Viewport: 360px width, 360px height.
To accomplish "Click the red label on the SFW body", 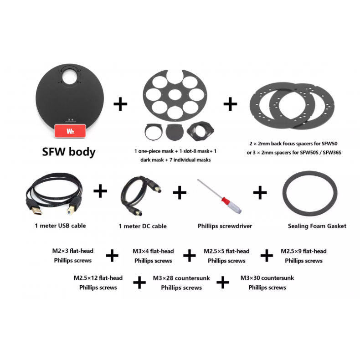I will click(70, 131).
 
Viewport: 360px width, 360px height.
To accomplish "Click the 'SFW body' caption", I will click(69, 152).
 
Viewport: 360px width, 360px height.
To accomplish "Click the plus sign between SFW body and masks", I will click(120, 104).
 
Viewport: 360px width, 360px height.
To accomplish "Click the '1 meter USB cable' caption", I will click(60, 225).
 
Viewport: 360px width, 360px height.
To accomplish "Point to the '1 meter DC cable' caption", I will click(143, 226).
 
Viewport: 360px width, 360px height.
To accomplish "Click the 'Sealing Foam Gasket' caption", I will click(317, 226).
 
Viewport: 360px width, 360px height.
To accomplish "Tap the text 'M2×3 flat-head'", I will click(73, 251).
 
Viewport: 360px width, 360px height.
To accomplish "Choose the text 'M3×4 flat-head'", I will click(153, 251).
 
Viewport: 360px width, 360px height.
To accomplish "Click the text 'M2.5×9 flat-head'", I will click(303, 251).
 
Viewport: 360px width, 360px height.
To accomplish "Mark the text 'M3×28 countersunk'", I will click(181, 278).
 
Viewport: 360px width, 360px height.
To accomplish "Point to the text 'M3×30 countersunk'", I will click(267, 278).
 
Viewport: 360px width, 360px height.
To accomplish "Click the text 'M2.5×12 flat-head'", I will click(98, 278).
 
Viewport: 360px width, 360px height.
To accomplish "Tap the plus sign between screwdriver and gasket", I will click(260, 192).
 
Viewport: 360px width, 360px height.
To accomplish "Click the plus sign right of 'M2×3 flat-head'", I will click(112, 256).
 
